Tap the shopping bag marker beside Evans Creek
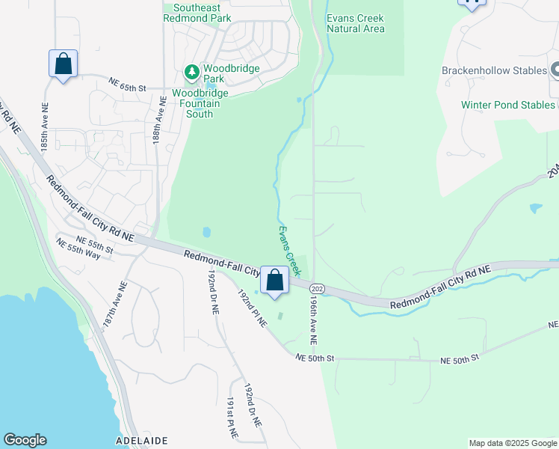pos(275,281)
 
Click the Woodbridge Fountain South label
pos(200,104)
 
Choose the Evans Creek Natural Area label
pos(356,23)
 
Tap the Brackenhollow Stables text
pos(493,71)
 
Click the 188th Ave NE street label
pos(159,120)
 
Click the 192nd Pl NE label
pos(252,308)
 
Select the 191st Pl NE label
pos(232,418)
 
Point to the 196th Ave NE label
pos(313,318)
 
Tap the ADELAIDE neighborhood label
pos(141,440)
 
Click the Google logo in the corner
pos(25,440)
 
